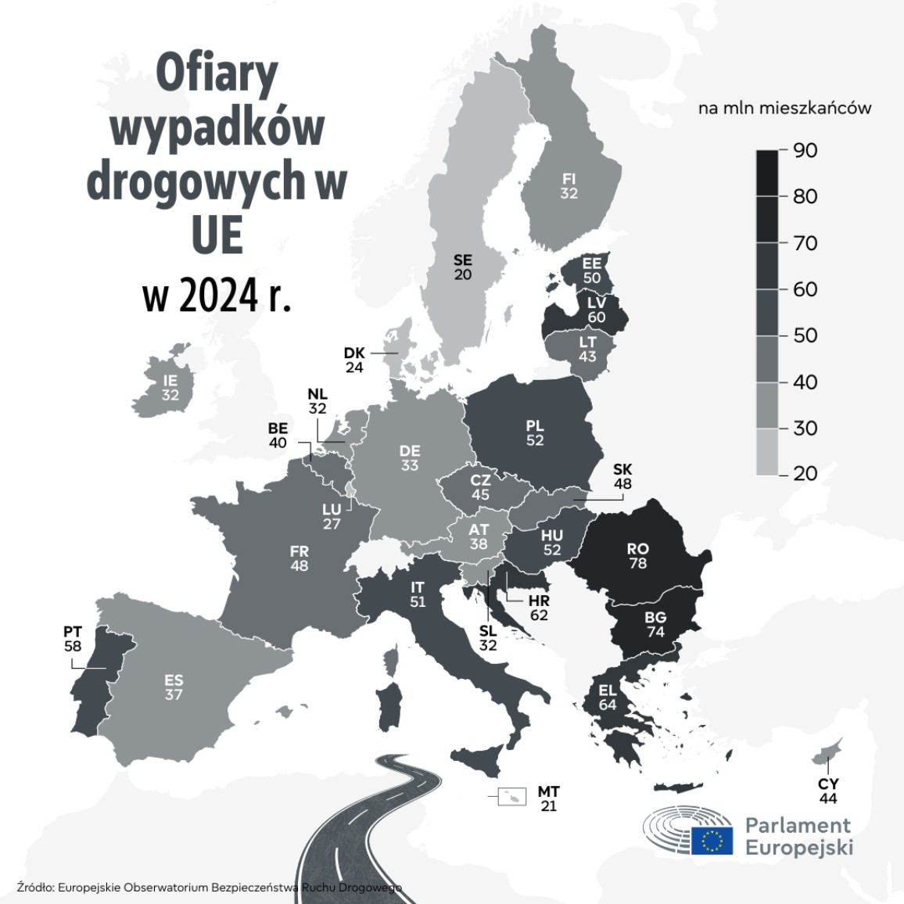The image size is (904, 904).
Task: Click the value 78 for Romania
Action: click(x=637, y=563)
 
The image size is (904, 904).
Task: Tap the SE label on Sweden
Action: click(x=463, y=260)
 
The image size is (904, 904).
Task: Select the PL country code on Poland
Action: click(x=535, y=426)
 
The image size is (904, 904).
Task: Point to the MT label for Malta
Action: click(x=548, y=792)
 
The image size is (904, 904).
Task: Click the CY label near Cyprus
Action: click(x=828, y=784)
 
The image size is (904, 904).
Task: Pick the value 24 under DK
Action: click(x=354, y=368)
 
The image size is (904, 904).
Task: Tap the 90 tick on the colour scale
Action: click(x=805, y=150)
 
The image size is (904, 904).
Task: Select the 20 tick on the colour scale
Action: click(x=805, y=473)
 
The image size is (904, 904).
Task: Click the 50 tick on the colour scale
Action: click(x=805, y=335)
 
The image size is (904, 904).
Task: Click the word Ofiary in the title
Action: click(x=217, y=74)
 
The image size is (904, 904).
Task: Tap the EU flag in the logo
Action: click(x=712, y=840)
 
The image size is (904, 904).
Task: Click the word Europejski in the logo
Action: click(x=798, y=848)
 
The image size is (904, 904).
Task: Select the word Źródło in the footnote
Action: click(x=34, y=887)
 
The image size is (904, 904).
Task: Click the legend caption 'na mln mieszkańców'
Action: click(x=784, y=108)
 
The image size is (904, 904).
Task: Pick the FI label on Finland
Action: click(x=569, y=178)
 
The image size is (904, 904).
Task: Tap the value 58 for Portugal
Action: click(x=73, y=647)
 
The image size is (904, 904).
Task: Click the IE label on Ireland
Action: click(x=170, y=381)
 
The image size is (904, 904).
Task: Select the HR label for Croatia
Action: click(x=539, y=601)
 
